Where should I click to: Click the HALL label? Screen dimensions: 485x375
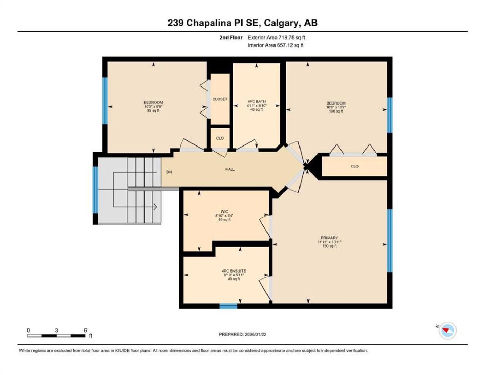click(230, 169)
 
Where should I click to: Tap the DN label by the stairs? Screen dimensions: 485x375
click(169, 172)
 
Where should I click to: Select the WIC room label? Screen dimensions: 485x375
click(224, 211)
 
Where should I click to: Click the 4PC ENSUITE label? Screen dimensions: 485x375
click(234, 271)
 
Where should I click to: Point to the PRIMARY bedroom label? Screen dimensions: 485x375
click(329, 238)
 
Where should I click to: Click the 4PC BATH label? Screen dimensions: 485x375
click(256, 101)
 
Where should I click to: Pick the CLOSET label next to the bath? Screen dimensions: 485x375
click(220, 99)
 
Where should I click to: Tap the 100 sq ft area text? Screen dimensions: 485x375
click(336, 111)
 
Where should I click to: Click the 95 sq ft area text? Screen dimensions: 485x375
click(153, 110)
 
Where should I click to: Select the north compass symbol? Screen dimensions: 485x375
click(447, 331)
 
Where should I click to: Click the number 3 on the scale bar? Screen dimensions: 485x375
click(57, 331)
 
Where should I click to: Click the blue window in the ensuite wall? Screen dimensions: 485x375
click(228, 306)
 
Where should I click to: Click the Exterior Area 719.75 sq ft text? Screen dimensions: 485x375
click(276, 37)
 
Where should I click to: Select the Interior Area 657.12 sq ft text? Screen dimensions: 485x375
click(276, 45)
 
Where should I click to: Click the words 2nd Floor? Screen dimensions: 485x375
click(231, 37)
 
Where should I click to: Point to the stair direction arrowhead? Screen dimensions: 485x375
click(155, 207)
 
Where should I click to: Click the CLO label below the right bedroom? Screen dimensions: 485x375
click(354, 166)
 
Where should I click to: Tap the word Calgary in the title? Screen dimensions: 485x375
click(281, 23)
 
